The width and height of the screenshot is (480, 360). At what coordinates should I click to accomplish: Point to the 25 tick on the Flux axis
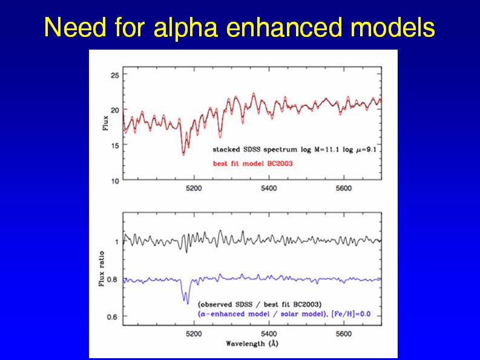pyautogui.click(x=114, y=75)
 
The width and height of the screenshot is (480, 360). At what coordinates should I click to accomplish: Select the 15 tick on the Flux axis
pyautogui.click(x=114, y=145)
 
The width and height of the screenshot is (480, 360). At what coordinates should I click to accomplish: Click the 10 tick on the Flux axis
pyautogui.click(x=114, y=180)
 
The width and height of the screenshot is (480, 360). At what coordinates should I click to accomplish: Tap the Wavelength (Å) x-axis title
pyautogui.click(x=252, y=343)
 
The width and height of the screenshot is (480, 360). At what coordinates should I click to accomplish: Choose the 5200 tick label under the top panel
pyautogui.click(x=194, y=188)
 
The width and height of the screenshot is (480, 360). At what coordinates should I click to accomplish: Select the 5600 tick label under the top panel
pyautogui.click(x=343, y=188)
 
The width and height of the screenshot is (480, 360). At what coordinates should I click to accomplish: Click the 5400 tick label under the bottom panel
pyautogui.click(x=269, y=333)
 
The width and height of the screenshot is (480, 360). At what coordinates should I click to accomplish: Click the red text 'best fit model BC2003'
pyautogui.click(x=252, y=163)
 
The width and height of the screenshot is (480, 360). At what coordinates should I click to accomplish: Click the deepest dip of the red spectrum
pyautogui.click(x=183, y=154)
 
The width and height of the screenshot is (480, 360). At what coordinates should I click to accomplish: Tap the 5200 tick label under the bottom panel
pyautogui.click(x=194, y=333)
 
